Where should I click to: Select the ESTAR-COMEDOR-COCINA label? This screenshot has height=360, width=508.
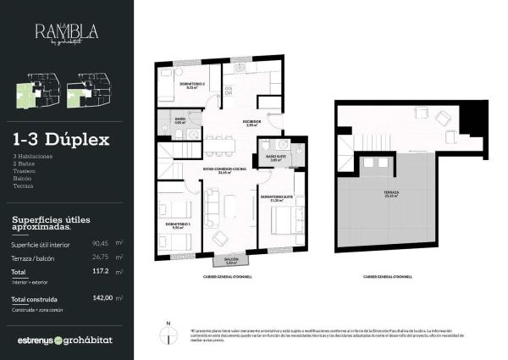click(x=224, y=170)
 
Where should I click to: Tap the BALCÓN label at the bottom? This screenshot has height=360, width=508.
click(x=231, y=259)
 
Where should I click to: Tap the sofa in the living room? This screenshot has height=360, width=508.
click(x=212, y=205)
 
